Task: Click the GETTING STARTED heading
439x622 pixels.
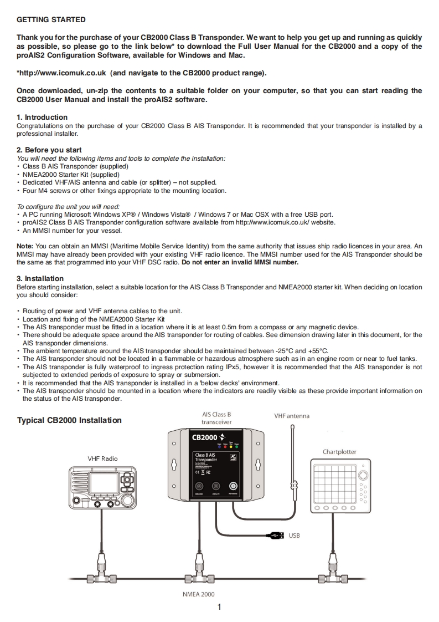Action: tap(51, 20)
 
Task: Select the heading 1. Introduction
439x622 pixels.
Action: tap(42, 117)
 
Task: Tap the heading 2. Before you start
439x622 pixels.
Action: tap(49, 150)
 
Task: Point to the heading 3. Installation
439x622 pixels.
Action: tap(40, 278)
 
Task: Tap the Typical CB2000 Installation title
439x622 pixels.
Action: tap(69, 420)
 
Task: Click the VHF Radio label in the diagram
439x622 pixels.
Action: tap(102, 458)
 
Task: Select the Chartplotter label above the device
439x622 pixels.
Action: tap(339, 452)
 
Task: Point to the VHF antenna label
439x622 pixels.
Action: tap(292, 416)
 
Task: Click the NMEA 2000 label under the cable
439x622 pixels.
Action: tap(198, 594)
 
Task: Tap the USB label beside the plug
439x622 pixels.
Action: tap(294, 536)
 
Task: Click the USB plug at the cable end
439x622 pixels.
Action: tap(273, 536)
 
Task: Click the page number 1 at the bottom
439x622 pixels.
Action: tap(220, 607)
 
